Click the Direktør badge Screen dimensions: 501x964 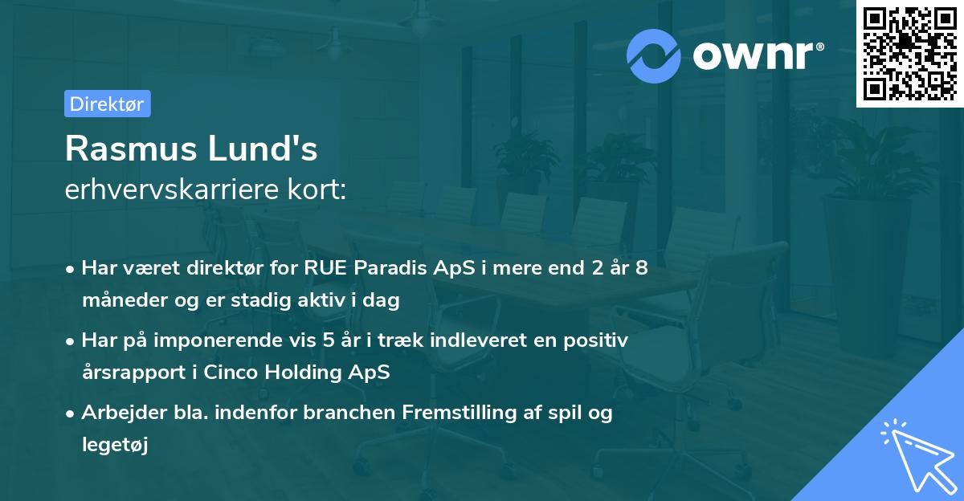coord(107,104)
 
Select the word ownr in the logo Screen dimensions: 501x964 coord(756,55)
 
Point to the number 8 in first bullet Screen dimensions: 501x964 coord(641,268)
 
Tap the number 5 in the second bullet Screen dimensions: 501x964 coord(328,340)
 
